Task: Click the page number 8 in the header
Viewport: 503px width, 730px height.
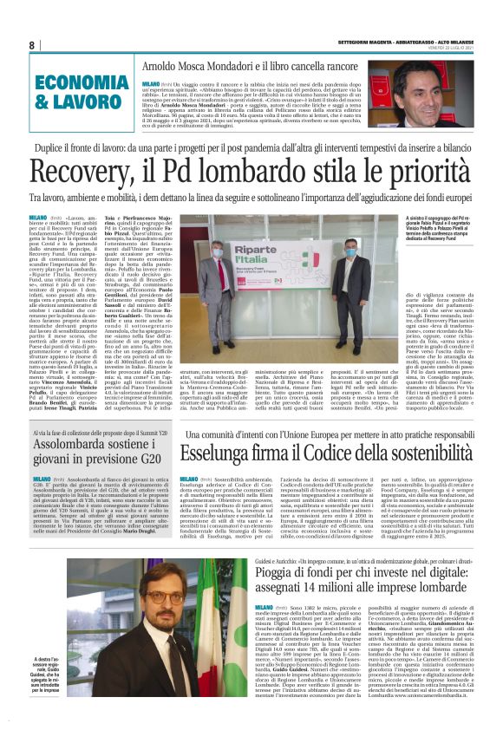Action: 31,46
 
